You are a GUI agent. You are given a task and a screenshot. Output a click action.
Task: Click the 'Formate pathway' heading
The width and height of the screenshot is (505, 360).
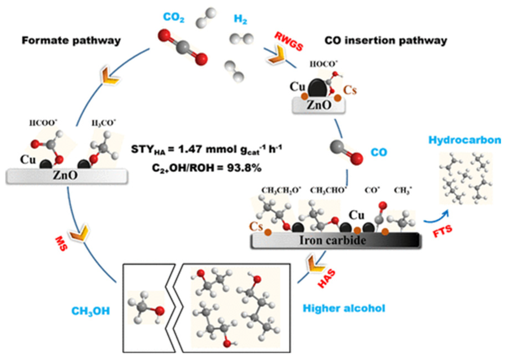coord(71,41)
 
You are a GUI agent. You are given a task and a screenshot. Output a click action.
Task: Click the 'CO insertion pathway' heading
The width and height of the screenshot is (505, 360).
coord(386,41)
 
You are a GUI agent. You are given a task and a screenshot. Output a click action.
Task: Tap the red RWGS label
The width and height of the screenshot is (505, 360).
coord(289,41)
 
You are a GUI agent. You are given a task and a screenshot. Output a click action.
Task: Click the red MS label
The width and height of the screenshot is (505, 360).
coord(61,244)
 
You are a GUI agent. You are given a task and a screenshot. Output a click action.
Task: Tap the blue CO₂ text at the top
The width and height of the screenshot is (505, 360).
coord(174,17)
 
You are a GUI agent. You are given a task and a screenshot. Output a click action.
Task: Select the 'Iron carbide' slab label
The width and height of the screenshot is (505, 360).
coord(332,240)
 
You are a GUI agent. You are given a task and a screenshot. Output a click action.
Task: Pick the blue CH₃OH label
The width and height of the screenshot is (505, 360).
coord(91,311)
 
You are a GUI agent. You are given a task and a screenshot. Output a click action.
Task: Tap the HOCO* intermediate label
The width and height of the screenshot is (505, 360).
coord(323,64)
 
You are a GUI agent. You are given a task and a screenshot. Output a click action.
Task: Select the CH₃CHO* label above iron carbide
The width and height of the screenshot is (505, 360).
coord(328,190)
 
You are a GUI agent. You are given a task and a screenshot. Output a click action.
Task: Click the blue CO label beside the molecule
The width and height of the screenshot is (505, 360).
coord(379,152)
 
